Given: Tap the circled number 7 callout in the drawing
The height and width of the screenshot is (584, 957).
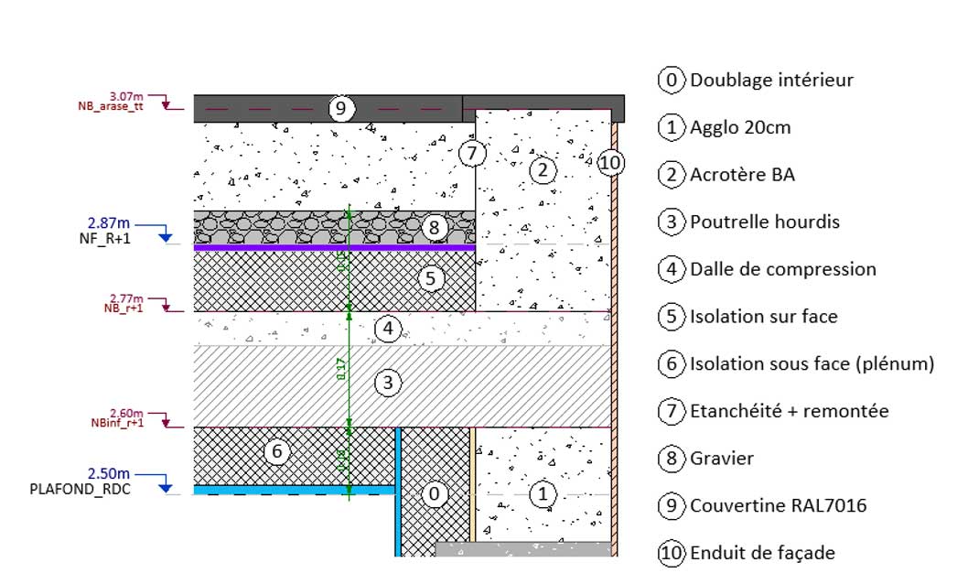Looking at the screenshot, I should click(471, 153).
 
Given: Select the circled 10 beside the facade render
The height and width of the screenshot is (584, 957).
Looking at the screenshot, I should click(611, 164).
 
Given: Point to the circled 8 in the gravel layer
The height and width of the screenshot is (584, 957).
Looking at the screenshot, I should click(435, 227).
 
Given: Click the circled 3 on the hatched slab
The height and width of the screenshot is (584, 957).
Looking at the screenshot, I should click(388, 383).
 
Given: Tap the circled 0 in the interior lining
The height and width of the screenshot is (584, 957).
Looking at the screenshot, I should click(435, 494).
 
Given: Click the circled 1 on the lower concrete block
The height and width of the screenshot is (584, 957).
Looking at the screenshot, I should click(543, 494).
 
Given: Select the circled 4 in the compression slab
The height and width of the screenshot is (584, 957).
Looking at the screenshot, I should click(388, 328).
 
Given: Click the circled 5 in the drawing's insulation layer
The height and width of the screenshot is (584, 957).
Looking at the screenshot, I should click(431, 277).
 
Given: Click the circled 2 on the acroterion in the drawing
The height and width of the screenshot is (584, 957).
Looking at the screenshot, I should click(542, 169).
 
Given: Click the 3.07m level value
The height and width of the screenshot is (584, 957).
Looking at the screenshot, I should click(126, 96).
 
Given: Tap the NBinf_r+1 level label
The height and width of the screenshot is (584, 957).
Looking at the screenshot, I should click(118, 423).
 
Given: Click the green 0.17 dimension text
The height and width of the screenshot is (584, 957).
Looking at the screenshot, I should click(341, 369).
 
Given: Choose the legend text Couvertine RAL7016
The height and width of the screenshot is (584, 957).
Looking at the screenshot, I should click(778, 505).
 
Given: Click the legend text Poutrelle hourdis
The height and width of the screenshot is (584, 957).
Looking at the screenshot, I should click(764, 222).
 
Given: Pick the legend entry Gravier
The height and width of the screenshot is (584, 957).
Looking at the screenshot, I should click(722, 458).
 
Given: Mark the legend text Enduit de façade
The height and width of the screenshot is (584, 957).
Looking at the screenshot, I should click(762, 553).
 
